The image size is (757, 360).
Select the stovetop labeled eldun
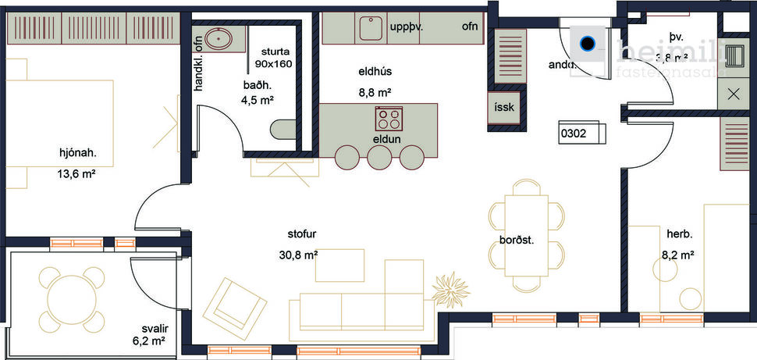click(389, 119)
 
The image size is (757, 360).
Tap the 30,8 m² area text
click(297, 255)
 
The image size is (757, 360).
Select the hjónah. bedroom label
click(76, 153)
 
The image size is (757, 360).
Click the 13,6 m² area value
click(76, 175)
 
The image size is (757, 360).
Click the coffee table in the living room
click(339, 266)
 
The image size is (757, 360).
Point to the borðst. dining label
click(517, 241)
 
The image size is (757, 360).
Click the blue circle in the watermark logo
click(588, 43)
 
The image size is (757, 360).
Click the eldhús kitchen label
click(375, 72)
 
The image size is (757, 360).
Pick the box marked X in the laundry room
click(734, 94)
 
